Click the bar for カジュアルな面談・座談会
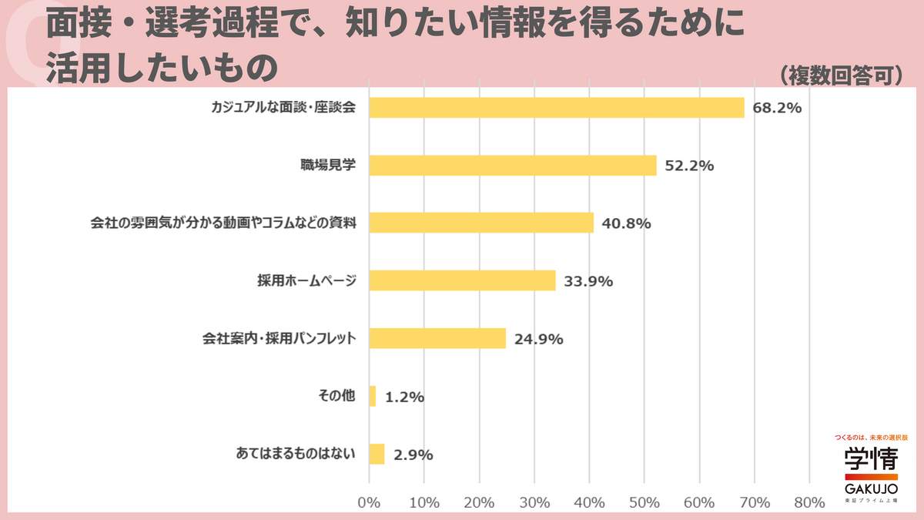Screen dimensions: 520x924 pos(557,108)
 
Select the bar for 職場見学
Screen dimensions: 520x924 pos(513,166)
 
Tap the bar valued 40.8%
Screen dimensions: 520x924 pos(481,223)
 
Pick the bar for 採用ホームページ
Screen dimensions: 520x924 pos(462,281)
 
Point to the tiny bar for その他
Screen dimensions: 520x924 pos(373,397)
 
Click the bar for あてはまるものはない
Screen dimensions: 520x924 pos(377,455)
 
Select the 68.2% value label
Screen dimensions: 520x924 pos(777,108)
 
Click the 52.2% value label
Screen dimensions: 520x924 pos(689,166)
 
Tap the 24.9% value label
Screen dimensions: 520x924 pos(538,339)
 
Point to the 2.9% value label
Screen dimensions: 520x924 pos(413,455)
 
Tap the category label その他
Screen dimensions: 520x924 pos(336,396)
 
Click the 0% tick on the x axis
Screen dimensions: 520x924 pos(370,502)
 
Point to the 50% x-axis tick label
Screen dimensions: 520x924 pos(644,502)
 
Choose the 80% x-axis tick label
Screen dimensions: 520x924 pos(809,502)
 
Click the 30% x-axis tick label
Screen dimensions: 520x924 pos(534,502)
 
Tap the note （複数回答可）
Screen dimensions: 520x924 pos(841,76)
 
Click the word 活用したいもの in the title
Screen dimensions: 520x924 pos(161,68)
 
